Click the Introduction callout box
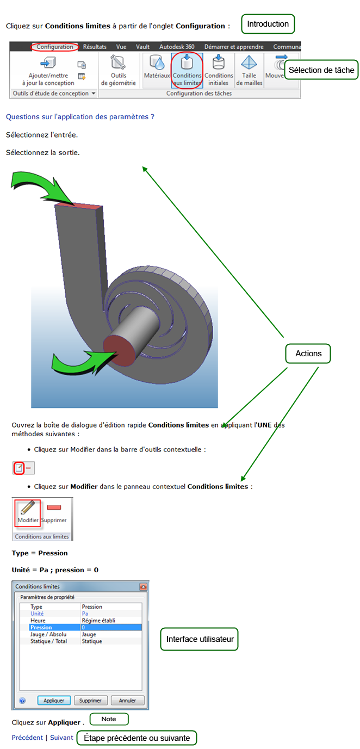pos(268,24)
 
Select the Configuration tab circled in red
pos(55,47)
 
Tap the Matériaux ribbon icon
pos(157,62)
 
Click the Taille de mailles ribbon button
pos(249,71)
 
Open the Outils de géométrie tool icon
pos(118,62)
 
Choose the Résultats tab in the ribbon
pos(95,47)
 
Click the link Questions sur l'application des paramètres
pos(80,117)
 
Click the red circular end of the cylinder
pos(119,350)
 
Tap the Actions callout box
pos(308,354)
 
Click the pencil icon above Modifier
pos(27,507)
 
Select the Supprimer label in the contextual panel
pos(54,520)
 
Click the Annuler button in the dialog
pos(127,700)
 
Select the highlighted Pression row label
pos(41,627)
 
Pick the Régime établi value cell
pos(98,620)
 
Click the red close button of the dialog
pos(144,586)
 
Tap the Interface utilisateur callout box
pos(200,639)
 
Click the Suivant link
pos(61,737)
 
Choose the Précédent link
pos(27,737)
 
